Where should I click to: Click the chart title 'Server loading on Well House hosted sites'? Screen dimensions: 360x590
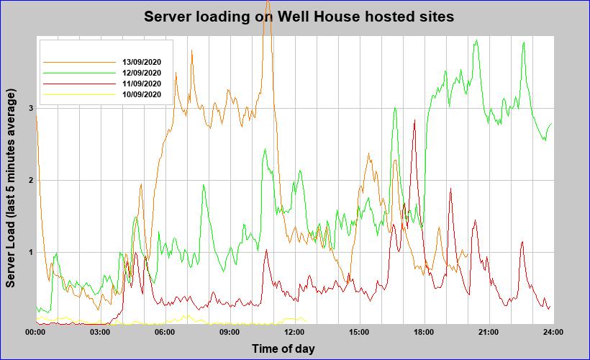pos(299,17)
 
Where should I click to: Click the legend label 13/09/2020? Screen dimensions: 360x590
pos(142,62)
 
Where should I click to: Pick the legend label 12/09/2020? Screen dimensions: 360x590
pos(142,73)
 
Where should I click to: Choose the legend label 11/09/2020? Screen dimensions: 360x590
pos(142,84)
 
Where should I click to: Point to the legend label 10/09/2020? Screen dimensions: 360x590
pos(142,94)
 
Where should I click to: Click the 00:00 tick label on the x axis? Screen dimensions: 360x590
pos(35,332)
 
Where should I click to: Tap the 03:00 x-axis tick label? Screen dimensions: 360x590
pos(100,332)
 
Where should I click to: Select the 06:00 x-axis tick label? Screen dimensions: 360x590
pos(165,332)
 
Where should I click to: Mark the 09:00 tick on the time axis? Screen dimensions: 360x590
pos(230,332)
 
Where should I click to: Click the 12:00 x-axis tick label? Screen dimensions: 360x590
pos(294,332)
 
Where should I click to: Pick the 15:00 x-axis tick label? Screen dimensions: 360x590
pos(359,332)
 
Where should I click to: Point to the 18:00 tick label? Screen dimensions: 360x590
pos(424,332)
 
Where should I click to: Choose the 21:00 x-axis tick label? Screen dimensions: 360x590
pos(489,332)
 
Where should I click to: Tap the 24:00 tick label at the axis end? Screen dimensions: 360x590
pos(553,332)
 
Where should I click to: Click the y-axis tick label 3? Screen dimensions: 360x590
pos(31,108)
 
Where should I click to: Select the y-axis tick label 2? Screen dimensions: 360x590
pos(31,180)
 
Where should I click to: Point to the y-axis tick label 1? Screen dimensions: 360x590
pos(31,252)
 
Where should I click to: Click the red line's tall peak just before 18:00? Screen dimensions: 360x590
pos(414,121)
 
